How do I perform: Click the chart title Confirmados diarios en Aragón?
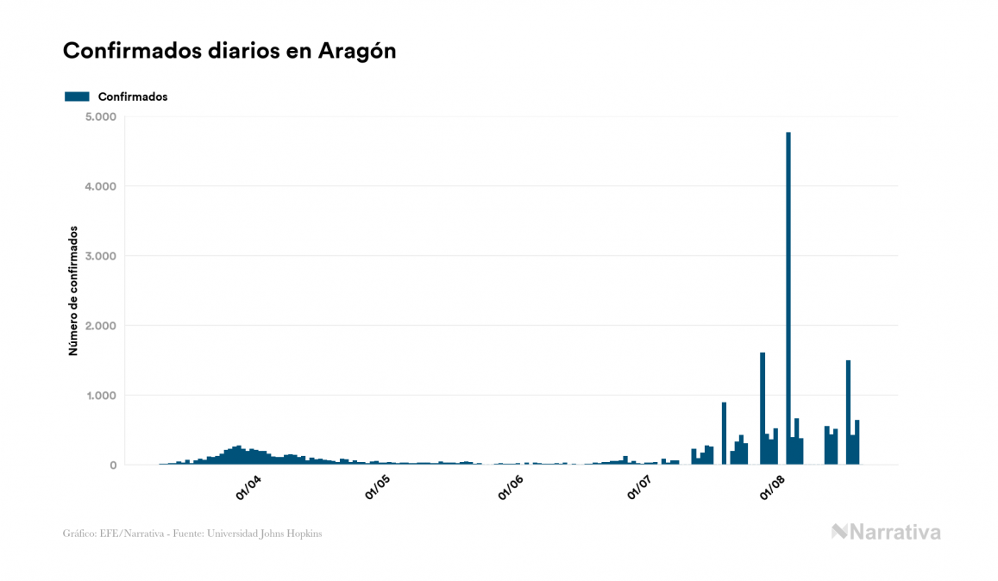tap(229, 51)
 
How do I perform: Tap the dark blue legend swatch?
tap(77, 97)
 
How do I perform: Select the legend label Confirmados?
tap(133, 97)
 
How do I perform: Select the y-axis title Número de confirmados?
tap(74, 291)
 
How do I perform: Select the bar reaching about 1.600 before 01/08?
tap(763, 409)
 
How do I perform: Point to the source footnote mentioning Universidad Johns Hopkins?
tap(192, 534)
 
